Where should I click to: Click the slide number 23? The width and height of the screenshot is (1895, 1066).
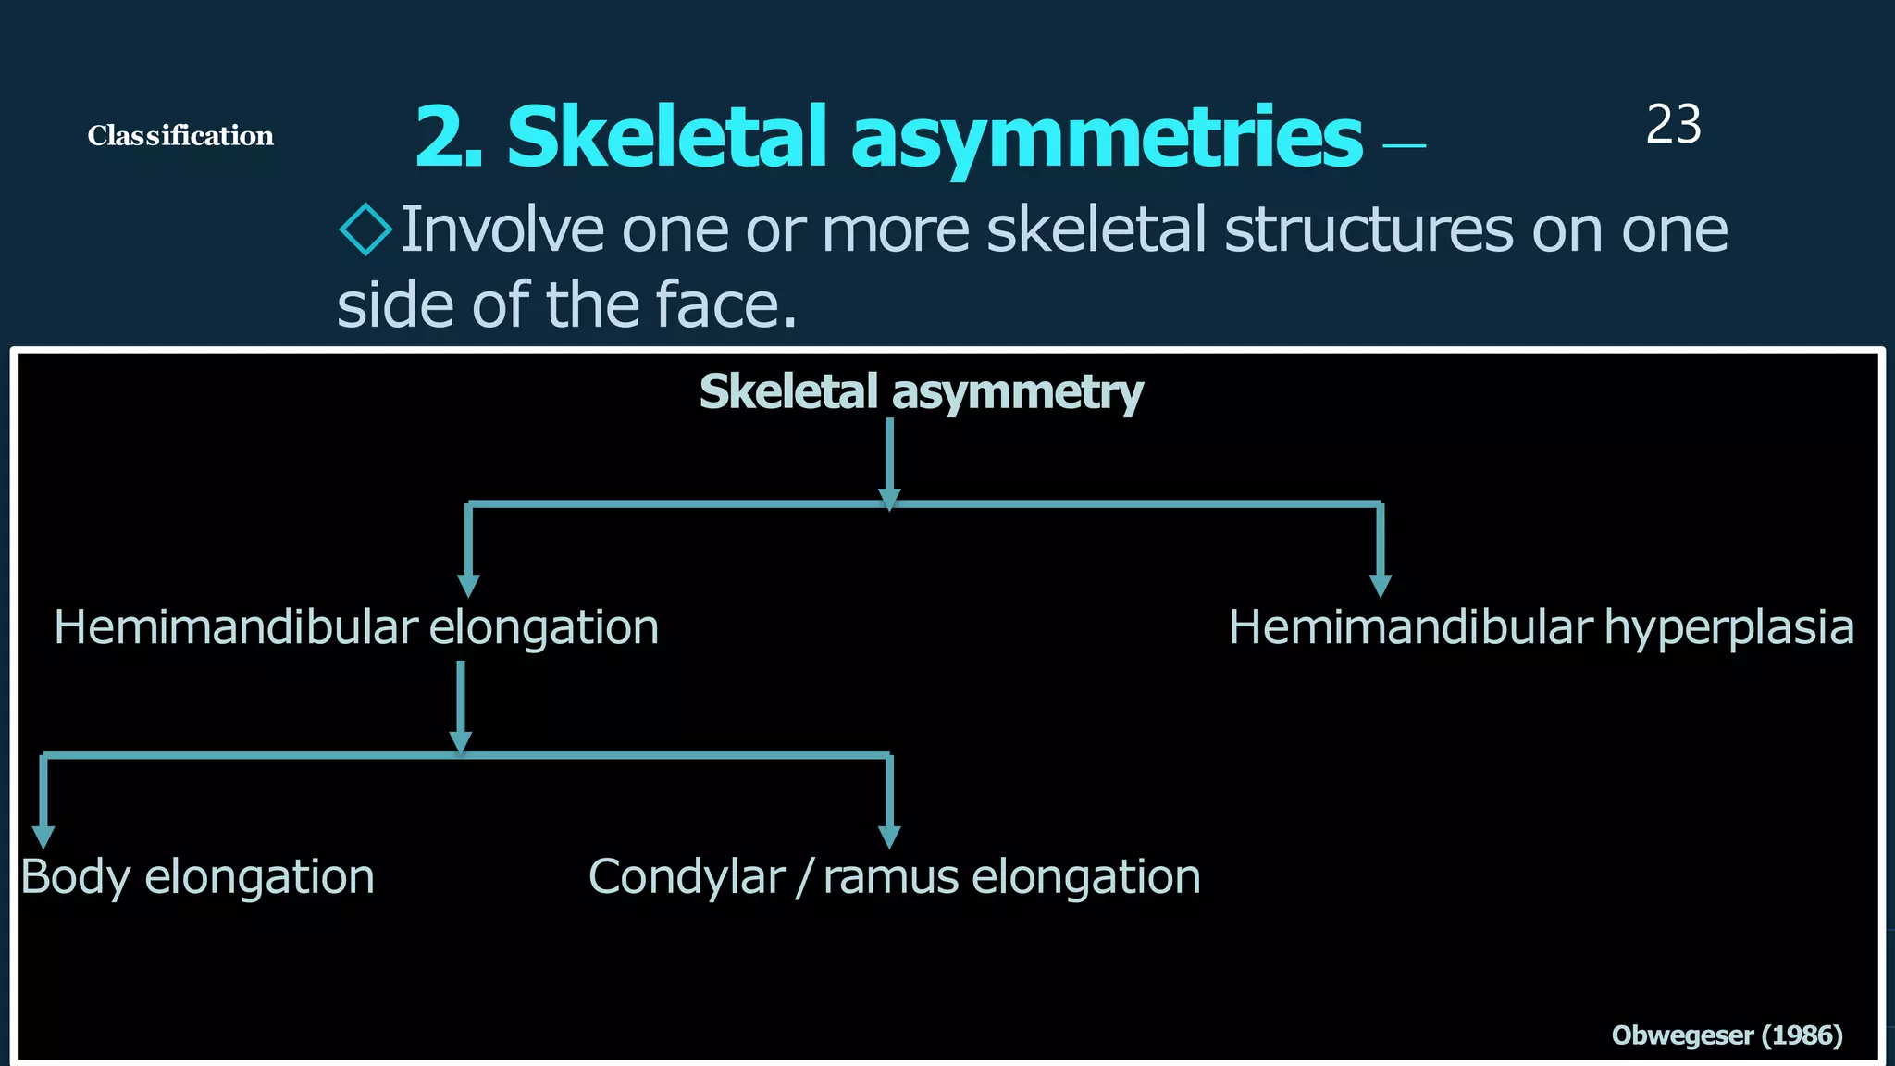[1673, 124]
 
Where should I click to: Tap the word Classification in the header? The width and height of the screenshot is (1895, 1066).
[180, 136]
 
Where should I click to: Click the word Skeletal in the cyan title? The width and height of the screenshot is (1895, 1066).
[666, 137]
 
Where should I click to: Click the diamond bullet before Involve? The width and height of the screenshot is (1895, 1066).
[365, 229]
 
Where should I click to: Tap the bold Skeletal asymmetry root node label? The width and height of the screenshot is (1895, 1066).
[921, 392]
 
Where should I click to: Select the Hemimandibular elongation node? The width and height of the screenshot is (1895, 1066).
[356, 627]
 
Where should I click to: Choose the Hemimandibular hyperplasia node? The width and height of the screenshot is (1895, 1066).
[1541, 627]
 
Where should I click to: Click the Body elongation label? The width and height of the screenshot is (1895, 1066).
[197, 876]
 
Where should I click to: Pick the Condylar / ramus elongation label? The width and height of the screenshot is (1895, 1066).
[894, 876]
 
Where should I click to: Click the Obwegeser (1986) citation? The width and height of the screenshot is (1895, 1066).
[1727, 1035]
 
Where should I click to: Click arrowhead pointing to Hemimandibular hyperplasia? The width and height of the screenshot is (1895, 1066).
[1381, 586]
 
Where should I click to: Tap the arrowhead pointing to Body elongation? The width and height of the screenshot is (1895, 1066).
[43, 837]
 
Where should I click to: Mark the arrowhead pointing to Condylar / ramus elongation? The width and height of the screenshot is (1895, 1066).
[889, 837]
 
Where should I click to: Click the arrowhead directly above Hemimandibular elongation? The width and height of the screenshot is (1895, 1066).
[468, 586]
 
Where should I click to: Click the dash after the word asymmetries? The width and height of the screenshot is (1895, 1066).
[1404, 145]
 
